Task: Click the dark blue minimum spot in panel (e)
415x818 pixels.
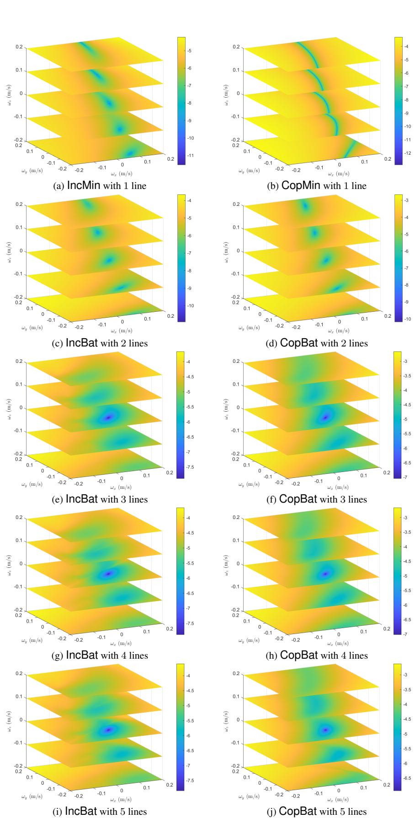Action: pos(109,417)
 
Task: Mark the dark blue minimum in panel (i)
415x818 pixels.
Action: pos(108,729)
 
